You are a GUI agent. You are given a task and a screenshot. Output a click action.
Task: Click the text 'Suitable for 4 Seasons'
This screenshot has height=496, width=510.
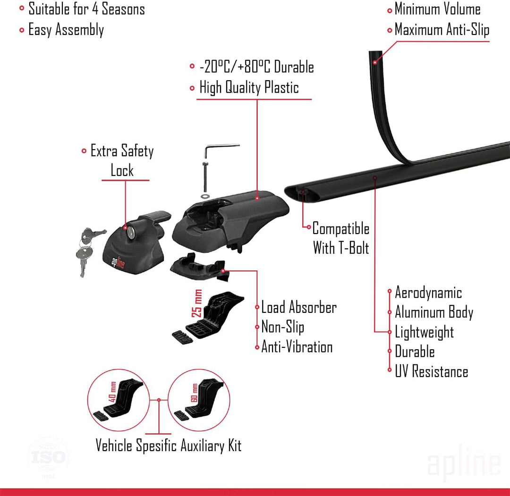point(86,9)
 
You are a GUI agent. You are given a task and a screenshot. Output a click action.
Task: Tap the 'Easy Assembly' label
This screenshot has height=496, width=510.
point(66,30)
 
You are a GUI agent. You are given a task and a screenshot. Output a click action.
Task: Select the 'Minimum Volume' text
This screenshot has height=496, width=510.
point(437,9)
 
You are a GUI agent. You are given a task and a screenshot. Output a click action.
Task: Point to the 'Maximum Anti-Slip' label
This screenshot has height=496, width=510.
point(442,30)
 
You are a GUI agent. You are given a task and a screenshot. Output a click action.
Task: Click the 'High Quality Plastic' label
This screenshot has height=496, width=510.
point(249,88)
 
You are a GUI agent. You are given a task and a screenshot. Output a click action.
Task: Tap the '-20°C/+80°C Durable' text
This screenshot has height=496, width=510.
point(256,67)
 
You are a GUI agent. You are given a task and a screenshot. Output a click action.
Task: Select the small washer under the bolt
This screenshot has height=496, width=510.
point(205,196)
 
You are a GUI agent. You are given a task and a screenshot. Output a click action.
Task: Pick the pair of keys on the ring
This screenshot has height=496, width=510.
point(88,250)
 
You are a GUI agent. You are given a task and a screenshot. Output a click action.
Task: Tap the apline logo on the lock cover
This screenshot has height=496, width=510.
point(118,262)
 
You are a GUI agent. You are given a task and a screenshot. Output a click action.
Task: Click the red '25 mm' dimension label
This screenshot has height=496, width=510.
point(197,303)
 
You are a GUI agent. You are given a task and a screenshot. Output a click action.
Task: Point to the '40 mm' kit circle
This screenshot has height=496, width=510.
point(119,400)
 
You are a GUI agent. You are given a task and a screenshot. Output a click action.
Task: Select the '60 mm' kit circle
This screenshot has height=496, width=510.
point(199,400)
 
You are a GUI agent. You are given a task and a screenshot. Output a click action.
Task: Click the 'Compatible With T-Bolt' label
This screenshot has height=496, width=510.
point(340,238)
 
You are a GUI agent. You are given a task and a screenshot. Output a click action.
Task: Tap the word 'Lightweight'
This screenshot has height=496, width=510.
point(424,332)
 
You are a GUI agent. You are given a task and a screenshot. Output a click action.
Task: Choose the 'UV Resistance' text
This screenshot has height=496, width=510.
point(431,371)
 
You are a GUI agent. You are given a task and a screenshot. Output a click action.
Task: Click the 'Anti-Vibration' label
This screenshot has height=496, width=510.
point(297,347)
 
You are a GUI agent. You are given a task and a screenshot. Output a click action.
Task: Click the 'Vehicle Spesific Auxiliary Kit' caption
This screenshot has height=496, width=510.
point(169,446)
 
